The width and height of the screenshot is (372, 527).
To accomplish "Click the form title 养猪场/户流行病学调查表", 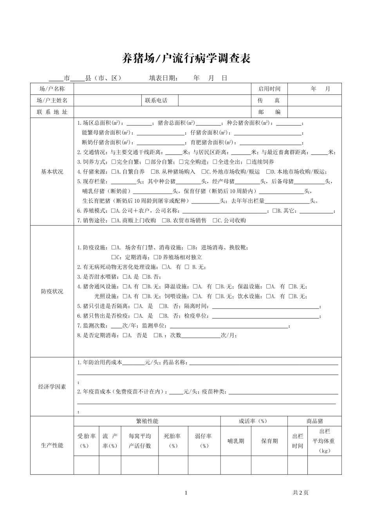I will pyautogui.click(x=186, y=59).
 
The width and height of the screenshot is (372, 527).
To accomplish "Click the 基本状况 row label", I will pyautogui.click(x=52, y=172).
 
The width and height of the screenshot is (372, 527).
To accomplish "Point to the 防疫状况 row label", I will pyautogui.click(x=52, y=292).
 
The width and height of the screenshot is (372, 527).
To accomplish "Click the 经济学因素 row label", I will pyautogui.click(x=52, y=387).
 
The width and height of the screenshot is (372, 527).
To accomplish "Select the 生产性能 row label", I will pyautogui.click(x=52, y=445).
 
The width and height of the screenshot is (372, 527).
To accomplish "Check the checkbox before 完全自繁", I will pyautogui.click(x=114, y=162).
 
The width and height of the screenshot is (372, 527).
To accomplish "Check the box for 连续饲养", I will pyautogui.click(x=249, y=162).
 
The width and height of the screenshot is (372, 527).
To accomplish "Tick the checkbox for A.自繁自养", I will pyautogui.click(x=114, y=172).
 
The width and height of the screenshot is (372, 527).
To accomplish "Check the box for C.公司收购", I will pyautogui.click(x=215, y=221).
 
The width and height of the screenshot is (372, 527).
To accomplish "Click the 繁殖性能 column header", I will pyautogui.click(x=147, y=421).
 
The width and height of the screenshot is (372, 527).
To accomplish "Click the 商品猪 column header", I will pyautogui.click(x=314, y=421).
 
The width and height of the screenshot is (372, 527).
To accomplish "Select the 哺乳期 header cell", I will pyautogui.click(x=236, y=441).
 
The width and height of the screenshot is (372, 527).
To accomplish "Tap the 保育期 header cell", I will pyautogui.click(x=269, y=441).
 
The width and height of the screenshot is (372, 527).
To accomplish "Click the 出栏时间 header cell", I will pyautogui.click(x=297, y=441).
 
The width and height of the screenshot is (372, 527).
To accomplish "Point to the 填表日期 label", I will pyautogui.click(x=163, y=78).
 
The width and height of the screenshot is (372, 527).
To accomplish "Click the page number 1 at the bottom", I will pyautogui.click(x=186, y=493).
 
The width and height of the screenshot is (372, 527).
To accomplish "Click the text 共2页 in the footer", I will pyautogui.click(x=300, y=493).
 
